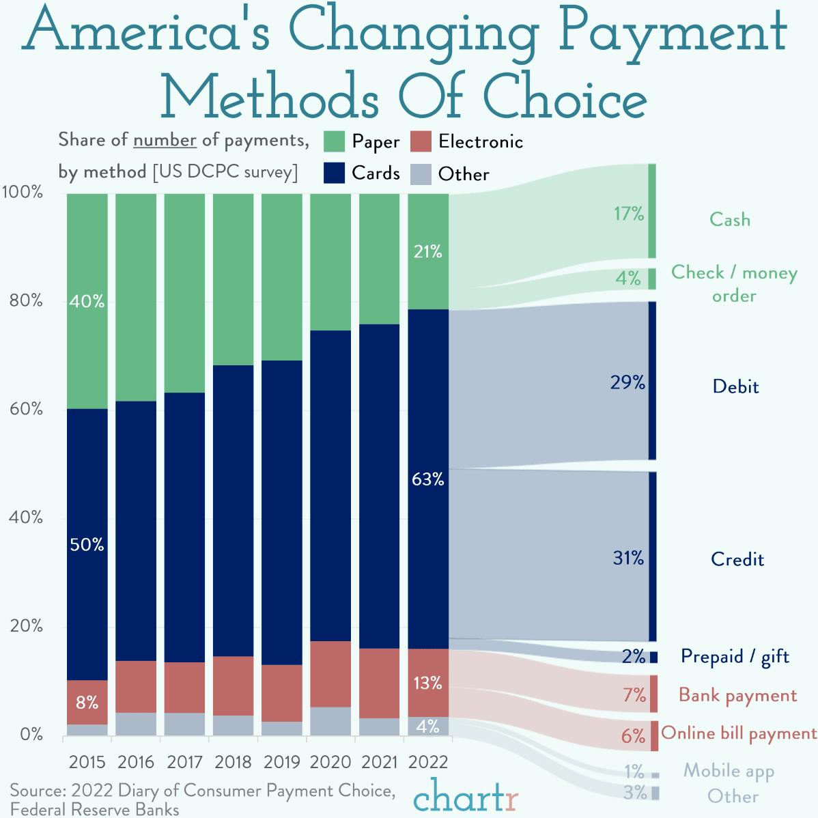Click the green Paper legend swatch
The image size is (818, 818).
click(x=333, y=141)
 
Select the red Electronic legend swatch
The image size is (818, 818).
click(x=421, y=141)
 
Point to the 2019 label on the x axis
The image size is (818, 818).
click(x=282, y=762)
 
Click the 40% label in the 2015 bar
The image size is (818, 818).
click(x=87, y=302)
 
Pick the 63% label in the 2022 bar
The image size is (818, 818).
click(x=427, y=480)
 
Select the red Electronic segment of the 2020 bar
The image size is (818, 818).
click(x=330, y=673)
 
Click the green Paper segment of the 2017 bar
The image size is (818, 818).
click(x=184, y=294)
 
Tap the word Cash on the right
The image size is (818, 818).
click(x=729, y=220)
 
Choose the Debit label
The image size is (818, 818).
click(x=735, y=387)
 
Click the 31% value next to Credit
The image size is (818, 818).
click(x=628, y=559)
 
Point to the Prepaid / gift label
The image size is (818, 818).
click(x=735, y=657)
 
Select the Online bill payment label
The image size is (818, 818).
click(x=739, y=733)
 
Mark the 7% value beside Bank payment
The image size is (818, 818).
click(x=633, y=696)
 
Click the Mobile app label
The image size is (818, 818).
click(x=729, y=771)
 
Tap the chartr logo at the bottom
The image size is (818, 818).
click(x=466, y=798)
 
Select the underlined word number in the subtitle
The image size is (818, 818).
click(x=165, y=140)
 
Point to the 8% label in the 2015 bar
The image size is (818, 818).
click(x=87, y=702)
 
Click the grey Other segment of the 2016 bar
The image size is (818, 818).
click(x=136, y=724)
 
